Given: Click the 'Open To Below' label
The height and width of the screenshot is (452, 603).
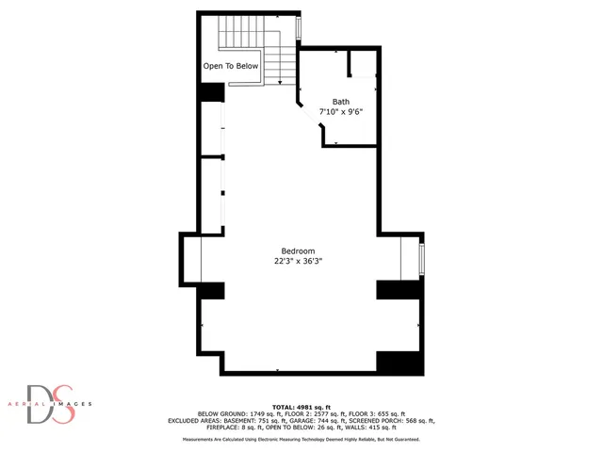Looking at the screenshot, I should [x=231, y=67].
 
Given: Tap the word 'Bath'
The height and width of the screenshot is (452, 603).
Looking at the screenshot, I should [x=341, y=101].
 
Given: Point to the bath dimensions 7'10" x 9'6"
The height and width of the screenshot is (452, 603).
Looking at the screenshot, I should [x=341, y=112].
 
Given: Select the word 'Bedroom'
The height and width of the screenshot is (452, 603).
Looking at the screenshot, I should [x=298, y=251].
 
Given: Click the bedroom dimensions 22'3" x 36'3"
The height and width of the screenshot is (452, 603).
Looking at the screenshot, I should [x=298, y=263].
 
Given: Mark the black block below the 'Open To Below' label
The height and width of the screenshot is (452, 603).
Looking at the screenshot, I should [x=211, y=92].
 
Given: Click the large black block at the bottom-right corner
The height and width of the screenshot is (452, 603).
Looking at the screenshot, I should [x=396, y=363].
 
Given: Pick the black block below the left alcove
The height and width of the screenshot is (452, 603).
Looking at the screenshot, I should [x=211, y=290].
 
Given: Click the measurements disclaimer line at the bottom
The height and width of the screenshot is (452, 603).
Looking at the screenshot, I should [x=301, y=439].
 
